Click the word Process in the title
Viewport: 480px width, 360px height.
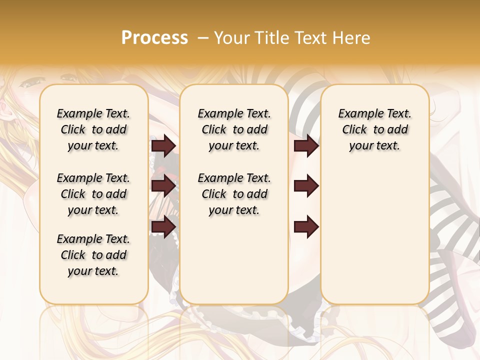click(154, 37)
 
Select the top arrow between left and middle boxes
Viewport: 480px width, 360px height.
click(163, 145)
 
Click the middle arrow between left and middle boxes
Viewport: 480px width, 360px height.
click(163, 186)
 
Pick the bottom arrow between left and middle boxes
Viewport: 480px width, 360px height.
click(163, 226)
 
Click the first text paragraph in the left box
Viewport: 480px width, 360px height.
click(93, 129)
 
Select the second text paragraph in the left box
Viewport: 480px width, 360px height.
click(93, 194)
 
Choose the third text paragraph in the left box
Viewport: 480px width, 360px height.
click(93, 255)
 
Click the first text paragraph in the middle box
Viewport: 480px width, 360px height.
click(234, 129)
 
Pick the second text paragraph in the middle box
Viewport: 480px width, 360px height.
click(234, 194)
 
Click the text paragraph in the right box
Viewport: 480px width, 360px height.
click(374, 129)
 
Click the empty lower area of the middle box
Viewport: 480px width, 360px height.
click(234, 260)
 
